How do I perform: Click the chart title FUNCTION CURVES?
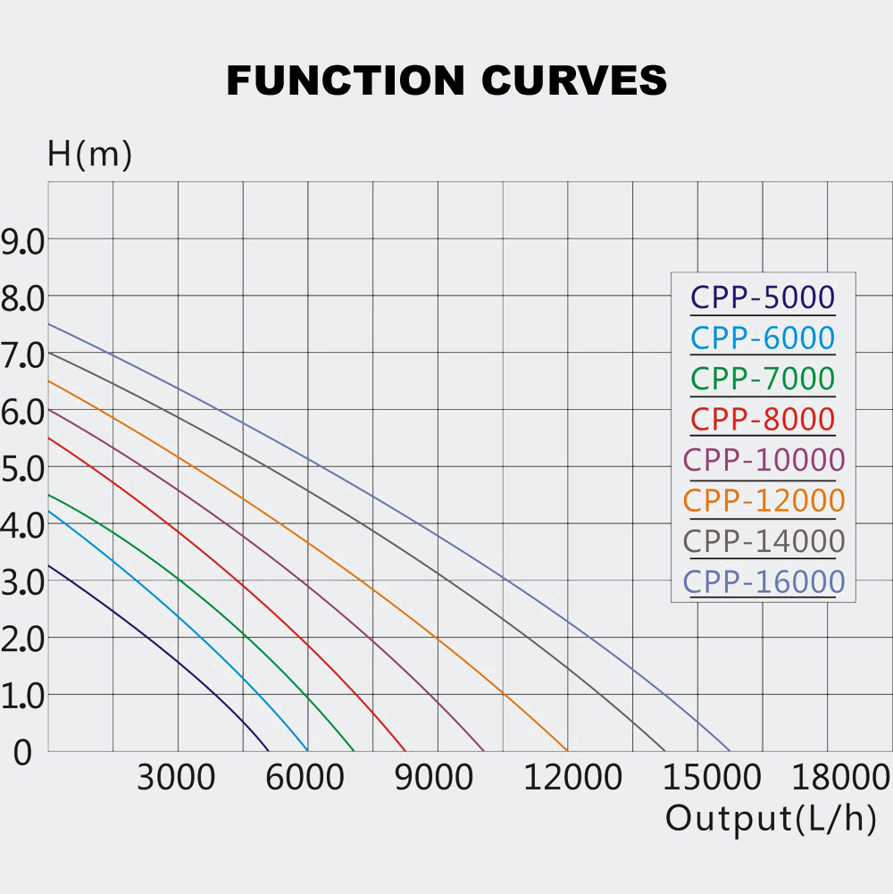pyautogui.click(x=446, y=80)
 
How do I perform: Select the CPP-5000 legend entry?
pyautogui.click(x=763, y=297)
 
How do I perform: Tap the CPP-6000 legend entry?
pyautogui.click(x=763, y=338)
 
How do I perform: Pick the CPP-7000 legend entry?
pyautogui.click(x=763, y=379)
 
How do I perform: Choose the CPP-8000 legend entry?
pyautogui.click(x=763, y=419)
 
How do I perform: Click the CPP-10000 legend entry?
pyautogui.click(x=764, y=460)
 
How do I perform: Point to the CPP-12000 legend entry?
pyautogui.click(x=764, y=500)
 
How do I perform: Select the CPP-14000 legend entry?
pyautogui.click(x=764, y=541)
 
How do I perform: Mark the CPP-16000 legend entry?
pyautogui.click(x=764, y=582)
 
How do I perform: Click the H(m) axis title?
pyautogui.click(x=89, y=155)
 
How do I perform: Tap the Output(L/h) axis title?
pyautogui.click(x=771, y=818)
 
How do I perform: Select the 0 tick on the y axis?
pyautogui.click(x=21, y=752)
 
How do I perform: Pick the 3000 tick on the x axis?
pyautogui.click(x=176, y=778)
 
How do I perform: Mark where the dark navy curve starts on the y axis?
pyautogui.click(x=48, y=564)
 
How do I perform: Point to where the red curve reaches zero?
pyautogui.click(x=405, y=751)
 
